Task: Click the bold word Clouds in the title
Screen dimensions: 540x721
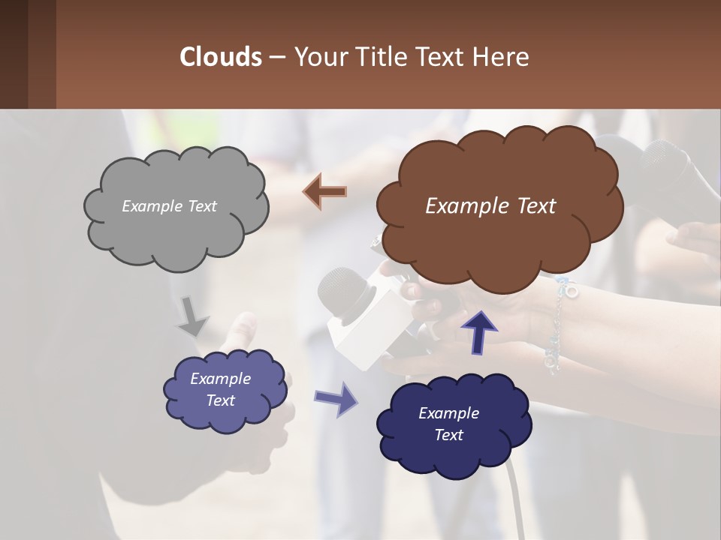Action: coord(221,57)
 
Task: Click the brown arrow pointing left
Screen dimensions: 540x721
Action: coord(324,191)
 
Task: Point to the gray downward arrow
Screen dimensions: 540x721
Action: coord(193,316)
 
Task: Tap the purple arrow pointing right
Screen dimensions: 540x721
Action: coord(336,398)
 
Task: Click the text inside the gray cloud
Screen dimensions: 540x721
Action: coord(169,206)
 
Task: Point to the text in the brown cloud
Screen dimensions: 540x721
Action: coord(490,206)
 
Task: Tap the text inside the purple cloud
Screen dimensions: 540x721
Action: coord(221,389)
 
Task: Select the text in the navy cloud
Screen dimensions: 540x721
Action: coord(448,424)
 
